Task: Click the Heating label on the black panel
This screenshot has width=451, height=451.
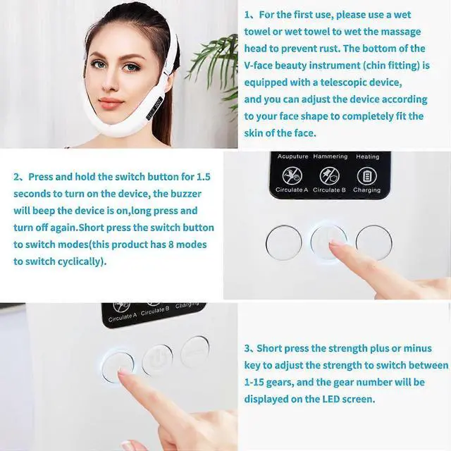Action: [x=367, y=156]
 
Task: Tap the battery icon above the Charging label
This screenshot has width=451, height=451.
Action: [x=366, y=175]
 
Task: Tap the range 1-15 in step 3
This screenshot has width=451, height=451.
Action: [x=259, y=382]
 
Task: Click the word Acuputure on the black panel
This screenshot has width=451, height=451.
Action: [x=292, y=156]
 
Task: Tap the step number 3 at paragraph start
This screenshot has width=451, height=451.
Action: [x=248, y=348]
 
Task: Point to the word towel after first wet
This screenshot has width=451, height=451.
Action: [x=260, y=31]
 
